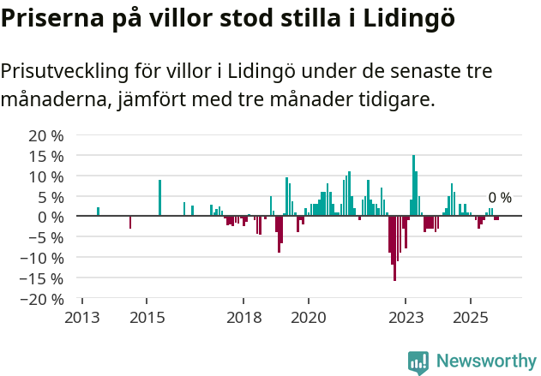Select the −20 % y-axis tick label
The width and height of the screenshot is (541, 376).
tap(44, 299)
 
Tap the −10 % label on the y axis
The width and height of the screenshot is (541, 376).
tap(44, 258)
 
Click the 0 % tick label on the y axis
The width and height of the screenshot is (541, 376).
tap(51, 217)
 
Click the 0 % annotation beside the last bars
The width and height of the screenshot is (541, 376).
tap(500, 198)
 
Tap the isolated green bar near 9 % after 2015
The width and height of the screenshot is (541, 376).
tap(159, 198)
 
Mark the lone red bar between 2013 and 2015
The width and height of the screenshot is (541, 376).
tap(130, 222)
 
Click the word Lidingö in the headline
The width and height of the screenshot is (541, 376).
tap(402, 18)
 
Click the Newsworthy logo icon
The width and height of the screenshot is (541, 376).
tap(418, 362)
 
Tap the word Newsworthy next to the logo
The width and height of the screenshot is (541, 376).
tap(486, 362)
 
